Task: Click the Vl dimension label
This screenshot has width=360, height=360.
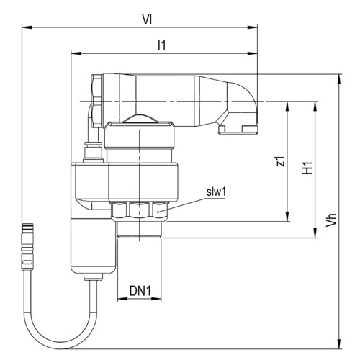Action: [x=147, y=19]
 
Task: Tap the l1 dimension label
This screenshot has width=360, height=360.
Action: [x=162, y=45]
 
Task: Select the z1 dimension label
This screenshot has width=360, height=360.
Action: [x=281, y=161]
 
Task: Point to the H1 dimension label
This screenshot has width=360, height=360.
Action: [x=307, y=168]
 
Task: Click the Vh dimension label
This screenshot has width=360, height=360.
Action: [x=331, y=220]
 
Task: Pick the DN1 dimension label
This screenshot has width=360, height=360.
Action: [x=140, y=291]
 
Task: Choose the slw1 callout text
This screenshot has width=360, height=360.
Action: [x=216, y=192]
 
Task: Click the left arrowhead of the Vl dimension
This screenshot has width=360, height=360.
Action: [x=27, y=27]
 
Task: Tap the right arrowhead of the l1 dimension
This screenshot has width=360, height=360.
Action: [x=253, y=53]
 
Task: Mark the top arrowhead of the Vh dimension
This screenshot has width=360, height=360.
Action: [x=339, y=79]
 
